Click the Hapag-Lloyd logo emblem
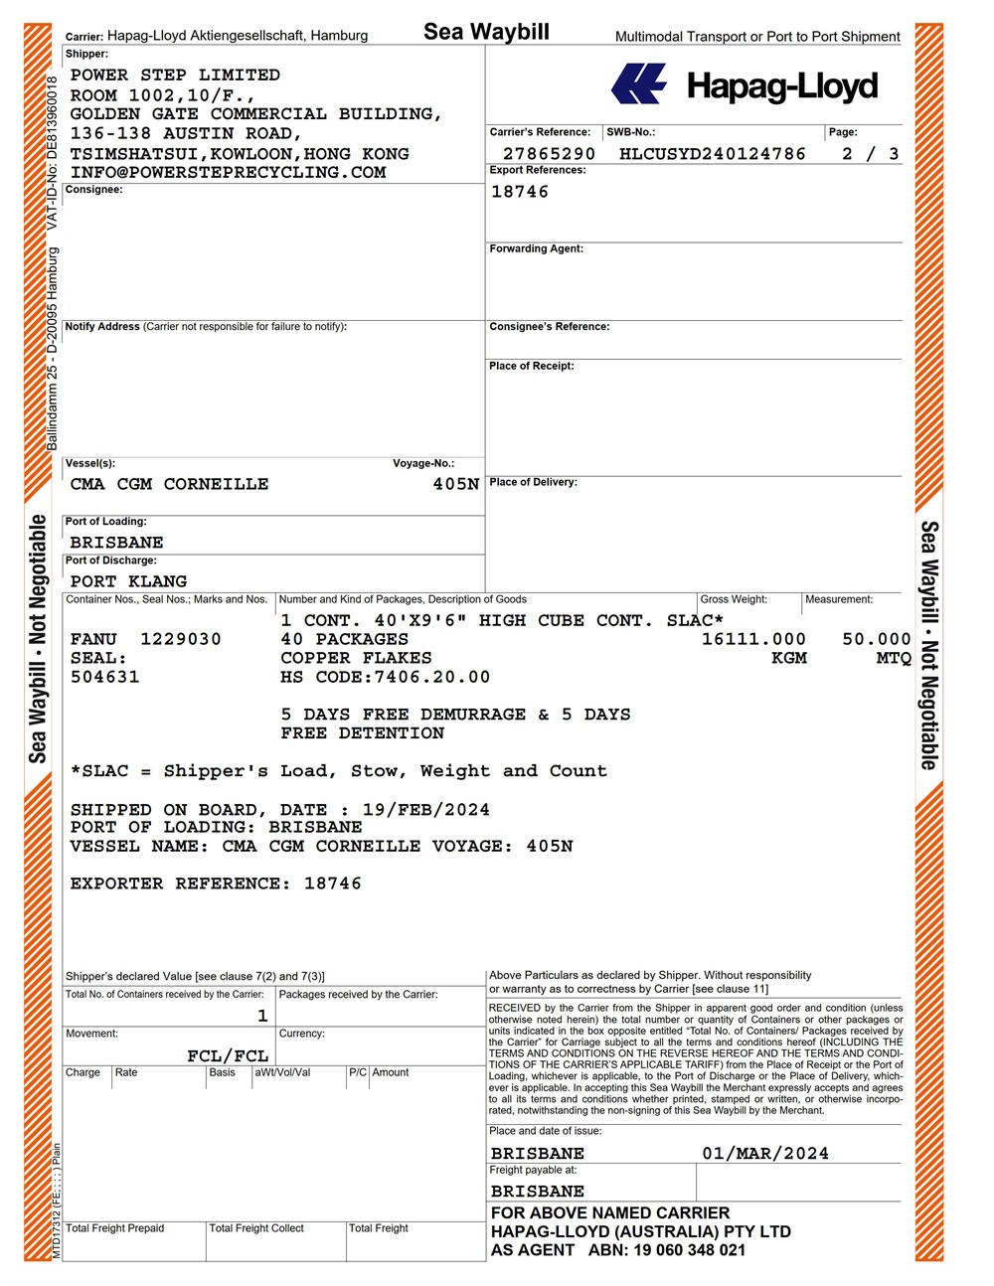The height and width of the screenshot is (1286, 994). click(638, 83)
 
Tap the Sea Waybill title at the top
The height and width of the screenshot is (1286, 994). click(486, 32)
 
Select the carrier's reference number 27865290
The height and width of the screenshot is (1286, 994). click(549, 154)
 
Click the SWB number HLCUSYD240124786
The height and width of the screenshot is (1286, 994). click(712, 154)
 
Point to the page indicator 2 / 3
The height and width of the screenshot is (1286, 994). click(870, 154)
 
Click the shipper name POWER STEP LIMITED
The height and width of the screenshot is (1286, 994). click(175, 76)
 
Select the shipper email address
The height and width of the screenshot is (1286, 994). click(228, 173)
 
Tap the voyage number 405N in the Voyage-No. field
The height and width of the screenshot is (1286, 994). click(456, 485)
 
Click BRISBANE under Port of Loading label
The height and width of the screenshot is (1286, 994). click(116, 543)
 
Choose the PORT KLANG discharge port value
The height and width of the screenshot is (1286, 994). click(128, 581)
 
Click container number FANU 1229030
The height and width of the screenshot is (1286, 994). click(146, 639)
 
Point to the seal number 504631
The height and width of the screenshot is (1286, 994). click(104, 677)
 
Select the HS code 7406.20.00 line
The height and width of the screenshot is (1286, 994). click(385, 677)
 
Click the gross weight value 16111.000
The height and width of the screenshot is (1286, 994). click(753, 639)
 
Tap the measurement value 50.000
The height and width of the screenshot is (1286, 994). click(876, 639)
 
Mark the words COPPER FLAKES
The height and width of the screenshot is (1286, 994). click(356, 658)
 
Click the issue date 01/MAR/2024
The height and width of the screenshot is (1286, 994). click(764, 1154)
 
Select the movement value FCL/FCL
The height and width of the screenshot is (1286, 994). click(228, 1055)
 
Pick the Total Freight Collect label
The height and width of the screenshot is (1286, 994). click(256, 1228)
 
